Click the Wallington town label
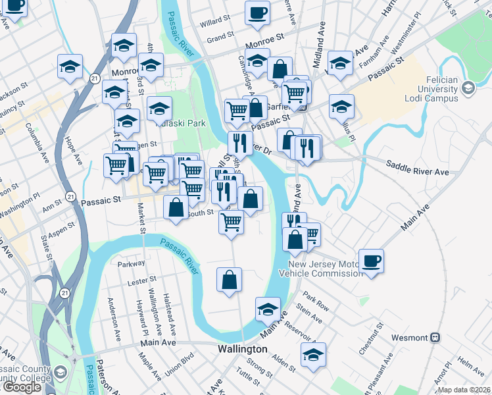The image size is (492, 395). [243, 349]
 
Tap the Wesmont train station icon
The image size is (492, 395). [434, 338]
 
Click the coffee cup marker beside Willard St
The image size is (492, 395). [258, 13]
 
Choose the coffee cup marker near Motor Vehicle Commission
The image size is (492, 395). [371, 261]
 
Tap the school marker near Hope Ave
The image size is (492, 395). [70, 66]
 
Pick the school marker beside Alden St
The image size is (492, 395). [314, 354]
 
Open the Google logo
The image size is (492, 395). [22, 387]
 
